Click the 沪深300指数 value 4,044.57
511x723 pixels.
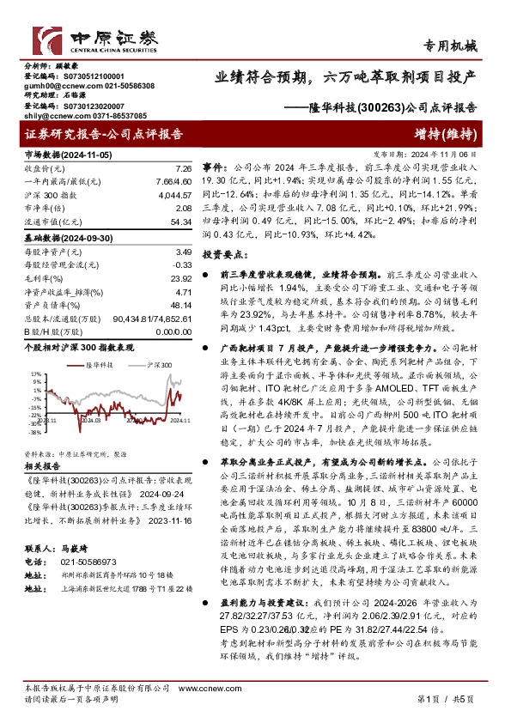click(x=173, y=196)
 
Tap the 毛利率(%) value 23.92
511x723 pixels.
click(x=178, y=278)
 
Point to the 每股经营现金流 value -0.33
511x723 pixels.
click(x=179, y=265)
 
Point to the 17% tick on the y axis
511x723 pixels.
click(x=35, y=374)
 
